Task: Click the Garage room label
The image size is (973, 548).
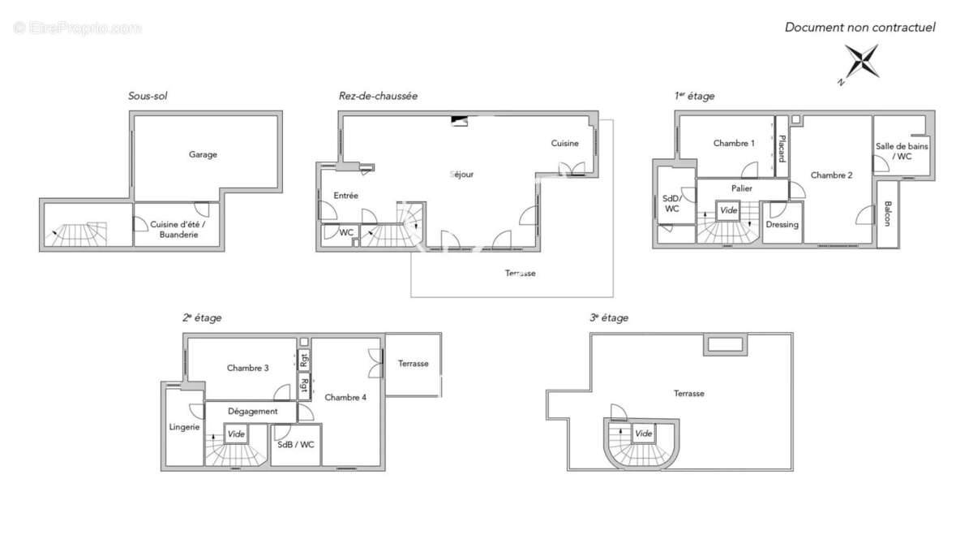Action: click(x=203, y=154)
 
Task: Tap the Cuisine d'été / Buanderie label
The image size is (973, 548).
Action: click(x=178, y=229)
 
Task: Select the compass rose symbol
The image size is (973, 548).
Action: click(x=860, y=63)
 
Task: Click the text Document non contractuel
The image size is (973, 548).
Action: click(x=859, y=28)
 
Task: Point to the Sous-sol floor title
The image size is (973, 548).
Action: click(x=148, y=96)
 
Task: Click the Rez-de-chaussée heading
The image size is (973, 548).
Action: click(x=378, y=96)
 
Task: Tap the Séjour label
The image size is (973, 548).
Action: click(x=461, y=175)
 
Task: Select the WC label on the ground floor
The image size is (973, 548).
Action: click(x=346, y=233)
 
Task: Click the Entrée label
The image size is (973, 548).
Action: click(x=345, y=196)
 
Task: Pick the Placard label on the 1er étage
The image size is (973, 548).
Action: click(x=782, y=149)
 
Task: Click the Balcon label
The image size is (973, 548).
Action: click(x=887, y=214)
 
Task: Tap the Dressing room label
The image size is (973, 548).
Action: click(x=782, y=224)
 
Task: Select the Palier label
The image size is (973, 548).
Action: click(x=741, y=188)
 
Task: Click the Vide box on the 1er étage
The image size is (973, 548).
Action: click(x=728, y=210)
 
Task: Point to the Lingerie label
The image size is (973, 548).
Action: click(x=184, y=427)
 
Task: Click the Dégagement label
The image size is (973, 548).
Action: click(x=252, y=412)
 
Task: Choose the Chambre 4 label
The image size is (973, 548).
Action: click(x=345, y=398)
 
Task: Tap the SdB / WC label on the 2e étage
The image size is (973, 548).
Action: click(x=295, y=445)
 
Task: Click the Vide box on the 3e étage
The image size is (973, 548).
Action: click(x=643, y=434)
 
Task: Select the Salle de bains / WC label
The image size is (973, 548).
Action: click(x=902, y=151)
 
